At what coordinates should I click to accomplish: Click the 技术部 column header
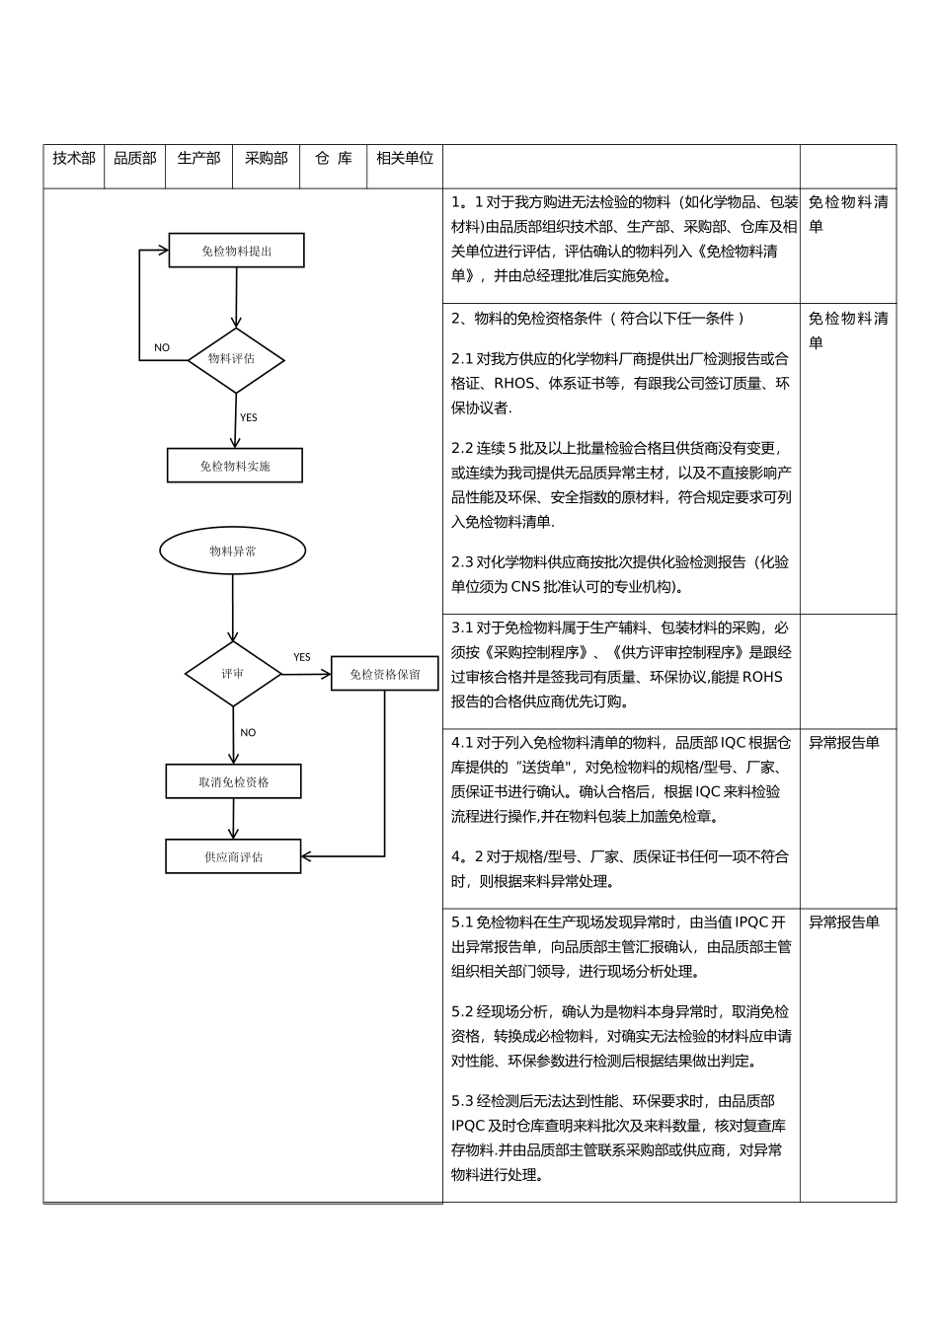pos(74,158)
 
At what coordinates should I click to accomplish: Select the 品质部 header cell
pos(135,158)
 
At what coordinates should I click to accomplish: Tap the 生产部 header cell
pos(198,158)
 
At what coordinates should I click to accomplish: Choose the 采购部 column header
pos(266,158)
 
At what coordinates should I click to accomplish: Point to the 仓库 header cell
pos(334,158)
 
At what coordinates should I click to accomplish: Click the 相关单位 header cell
pos(405,158)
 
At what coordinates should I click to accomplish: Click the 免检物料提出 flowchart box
pos(237,251)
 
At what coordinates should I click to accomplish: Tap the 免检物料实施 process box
pos(235,466)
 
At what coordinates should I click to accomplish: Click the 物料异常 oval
pos(233,552)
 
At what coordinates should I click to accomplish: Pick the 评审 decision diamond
pos(233,674)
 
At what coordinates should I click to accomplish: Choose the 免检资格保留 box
pos(384,674)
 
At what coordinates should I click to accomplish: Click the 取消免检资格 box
pos(234,782)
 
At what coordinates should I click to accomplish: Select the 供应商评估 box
pos(233,857)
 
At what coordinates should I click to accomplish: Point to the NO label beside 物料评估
pos(162,347)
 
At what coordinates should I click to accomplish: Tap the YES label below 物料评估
pos(248,417)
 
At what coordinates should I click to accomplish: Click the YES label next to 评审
pos(302,657)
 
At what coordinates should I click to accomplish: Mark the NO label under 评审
pos(248,732)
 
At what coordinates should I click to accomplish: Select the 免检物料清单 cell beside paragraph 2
pos(847,330)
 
